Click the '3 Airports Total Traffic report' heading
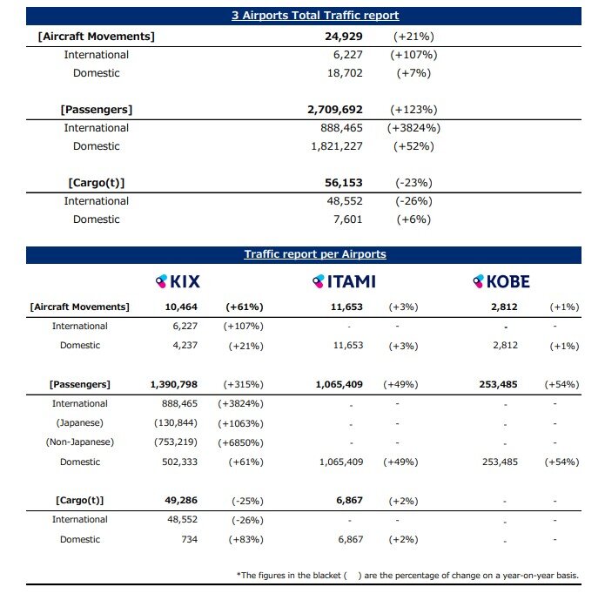(315, 16)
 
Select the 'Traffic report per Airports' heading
(315, 254)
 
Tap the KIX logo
(178, 281)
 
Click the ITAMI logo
(344, 281)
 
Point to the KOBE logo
(501, 281)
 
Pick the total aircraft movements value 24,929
(344, 37)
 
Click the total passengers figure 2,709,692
(335, 110)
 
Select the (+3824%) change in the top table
(413, 128)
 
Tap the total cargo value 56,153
(344, 183)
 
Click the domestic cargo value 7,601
(347, 219)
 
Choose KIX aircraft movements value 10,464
(181, 307)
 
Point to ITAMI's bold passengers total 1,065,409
(339, 384)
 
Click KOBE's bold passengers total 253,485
(498, 384)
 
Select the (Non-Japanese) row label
(80, 442)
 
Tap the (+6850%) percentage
(240, 442)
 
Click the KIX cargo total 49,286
(181, 500)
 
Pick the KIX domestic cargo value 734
(190, 539)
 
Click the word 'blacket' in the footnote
(325, 576)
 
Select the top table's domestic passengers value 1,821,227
(337, 146)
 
